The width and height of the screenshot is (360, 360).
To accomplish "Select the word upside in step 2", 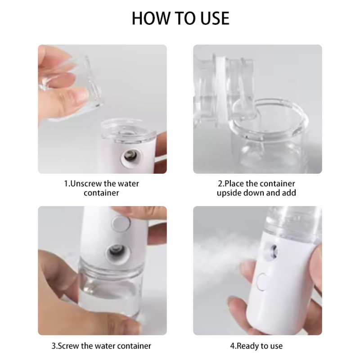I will pyautogui.click(x=230, y=193).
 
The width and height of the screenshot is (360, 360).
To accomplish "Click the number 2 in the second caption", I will pyautogui.click(x=220, y=184).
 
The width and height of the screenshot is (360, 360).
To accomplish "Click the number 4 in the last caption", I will pyautogui.click(x=233, y=346).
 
